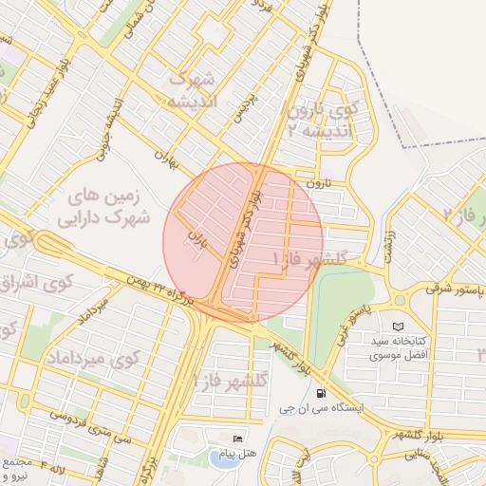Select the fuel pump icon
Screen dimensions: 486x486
pyautogui.click(x=322, y=392)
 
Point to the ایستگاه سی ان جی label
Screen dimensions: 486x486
pyautogui.click(x=323, y=410)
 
